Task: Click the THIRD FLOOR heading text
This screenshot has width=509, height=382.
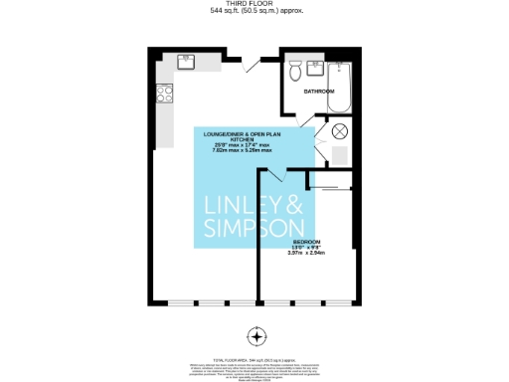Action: [255, 5]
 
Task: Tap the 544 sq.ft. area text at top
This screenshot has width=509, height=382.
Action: [255, 12]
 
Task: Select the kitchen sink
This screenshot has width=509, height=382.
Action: [187, 61]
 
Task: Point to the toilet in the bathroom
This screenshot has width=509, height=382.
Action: [294, 73]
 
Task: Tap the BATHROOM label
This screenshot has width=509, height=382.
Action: [319, 91]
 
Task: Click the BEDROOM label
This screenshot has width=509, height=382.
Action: [306, 242]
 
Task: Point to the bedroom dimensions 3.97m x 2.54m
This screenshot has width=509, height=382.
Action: [306, 254]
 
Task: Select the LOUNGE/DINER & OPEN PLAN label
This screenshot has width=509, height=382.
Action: [251, 133]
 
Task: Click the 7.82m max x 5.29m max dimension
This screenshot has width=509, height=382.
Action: [251, 151]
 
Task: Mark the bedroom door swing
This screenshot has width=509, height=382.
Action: [271, 176]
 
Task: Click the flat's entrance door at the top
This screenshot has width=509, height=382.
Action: [254, 61]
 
